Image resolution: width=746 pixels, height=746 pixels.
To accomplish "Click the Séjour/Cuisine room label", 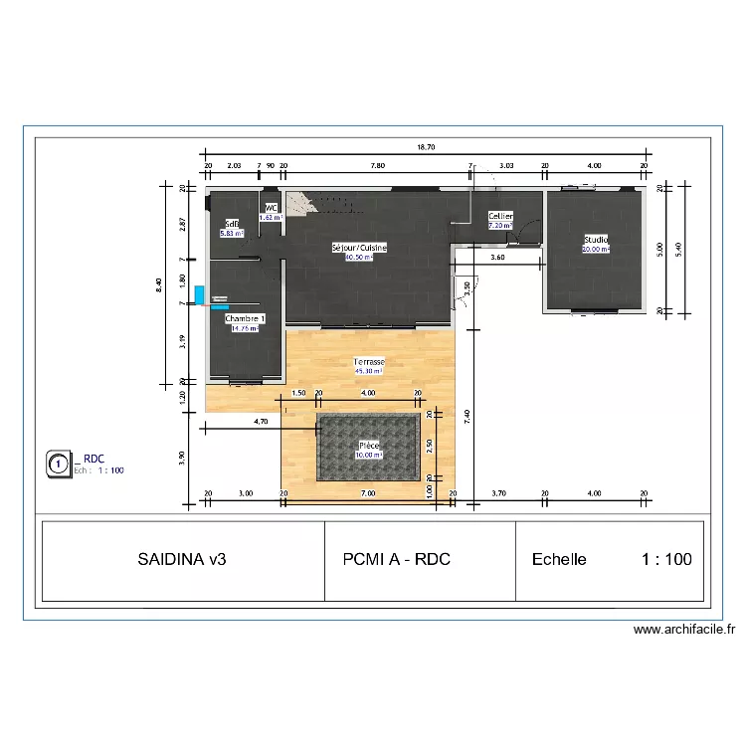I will [359, 247].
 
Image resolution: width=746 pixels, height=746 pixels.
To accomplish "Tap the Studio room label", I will [596, 240].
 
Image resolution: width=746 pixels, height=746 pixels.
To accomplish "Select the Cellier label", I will [499, 216].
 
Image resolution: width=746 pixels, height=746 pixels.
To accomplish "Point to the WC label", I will [271, 208].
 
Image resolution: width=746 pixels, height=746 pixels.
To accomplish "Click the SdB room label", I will [231, 224].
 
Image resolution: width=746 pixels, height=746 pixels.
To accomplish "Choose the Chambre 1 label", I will [245, 317].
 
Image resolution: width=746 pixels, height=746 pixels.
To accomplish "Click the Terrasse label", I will [369, 362].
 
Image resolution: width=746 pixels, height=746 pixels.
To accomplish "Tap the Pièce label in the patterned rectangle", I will [369, 446].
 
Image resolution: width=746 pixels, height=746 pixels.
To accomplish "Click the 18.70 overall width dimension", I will [425, 147].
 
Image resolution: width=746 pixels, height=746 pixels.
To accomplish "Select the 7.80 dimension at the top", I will [378, 166].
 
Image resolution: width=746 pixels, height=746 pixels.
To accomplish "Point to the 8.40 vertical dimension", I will [158, 284].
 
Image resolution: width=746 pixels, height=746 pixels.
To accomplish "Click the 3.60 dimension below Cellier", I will [497, 258].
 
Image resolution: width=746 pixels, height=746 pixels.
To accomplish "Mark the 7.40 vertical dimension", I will [466, 418].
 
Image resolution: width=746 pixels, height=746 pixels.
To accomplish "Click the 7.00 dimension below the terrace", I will [368, 493].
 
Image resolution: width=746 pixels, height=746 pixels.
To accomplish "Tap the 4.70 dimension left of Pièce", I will [261, 422].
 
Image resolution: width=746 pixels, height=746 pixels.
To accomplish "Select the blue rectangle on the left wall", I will [199, 295].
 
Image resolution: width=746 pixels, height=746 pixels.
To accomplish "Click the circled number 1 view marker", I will [59, 463].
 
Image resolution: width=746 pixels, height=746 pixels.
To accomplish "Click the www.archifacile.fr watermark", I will [683, 630].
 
